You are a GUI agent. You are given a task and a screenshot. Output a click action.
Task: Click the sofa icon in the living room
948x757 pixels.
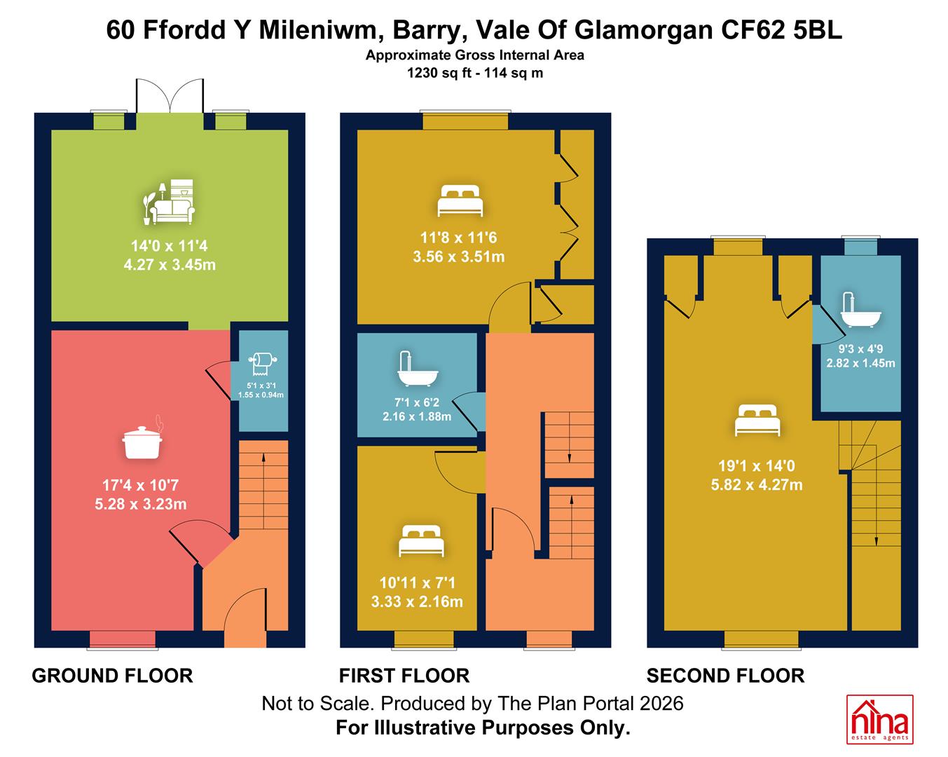tap(169, 202)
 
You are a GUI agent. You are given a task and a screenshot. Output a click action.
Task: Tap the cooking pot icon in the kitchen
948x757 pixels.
tap(142, 438)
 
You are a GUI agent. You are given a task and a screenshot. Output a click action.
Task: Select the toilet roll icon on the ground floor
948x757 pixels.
tap(263, 364)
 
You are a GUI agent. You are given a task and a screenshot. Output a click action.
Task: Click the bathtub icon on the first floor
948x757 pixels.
tap(418, 369)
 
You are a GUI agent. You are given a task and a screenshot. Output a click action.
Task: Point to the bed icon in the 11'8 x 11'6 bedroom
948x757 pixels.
tap(460, 201)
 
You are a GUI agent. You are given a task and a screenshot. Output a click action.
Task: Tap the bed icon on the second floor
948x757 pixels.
tap(757, 420)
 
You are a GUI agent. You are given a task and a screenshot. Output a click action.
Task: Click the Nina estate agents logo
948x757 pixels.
tap(879, 720)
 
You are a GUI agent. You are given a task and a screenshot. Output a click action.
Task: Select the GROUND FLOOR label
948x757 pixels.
tap(112, 676)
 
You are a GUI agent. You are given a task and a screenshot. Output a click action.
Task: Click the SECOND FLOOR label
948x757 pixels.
tap(725, 676)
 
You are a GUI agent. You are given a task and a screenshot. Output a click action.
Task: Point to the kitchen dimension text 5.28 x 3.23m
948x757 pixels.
tap(141, 504)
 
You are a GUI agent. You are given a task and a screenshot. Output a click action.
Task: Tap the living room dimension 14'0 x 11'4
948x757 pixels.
tap(169, 246)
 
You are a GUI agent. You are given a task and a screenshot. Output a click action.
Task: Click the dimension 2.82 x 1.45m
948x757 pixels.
tap(860, 363)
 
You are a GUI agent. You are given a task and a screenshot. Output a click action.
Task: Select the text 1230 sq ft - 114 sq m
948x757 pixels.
tap(475, 73)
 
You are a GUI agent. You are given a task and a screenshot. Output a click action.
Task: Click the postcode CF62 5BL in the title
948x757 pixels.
tap(781, 30)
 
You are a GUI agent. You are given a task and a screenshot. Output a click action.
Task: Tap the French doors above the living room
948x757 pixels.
tap(170, 97)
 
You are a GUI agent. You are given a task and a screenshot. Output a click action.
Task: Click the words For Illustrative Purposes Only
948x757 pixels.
tap(483, 728)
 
